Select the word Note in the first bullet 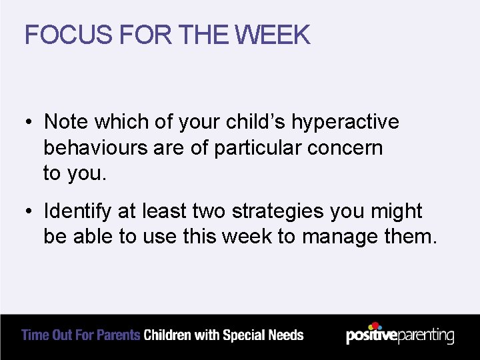tap(66, 122)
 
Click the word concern tap(345, 147)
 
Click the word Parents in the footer tap(119, 335)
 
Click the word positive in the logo tap(371, 335)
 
